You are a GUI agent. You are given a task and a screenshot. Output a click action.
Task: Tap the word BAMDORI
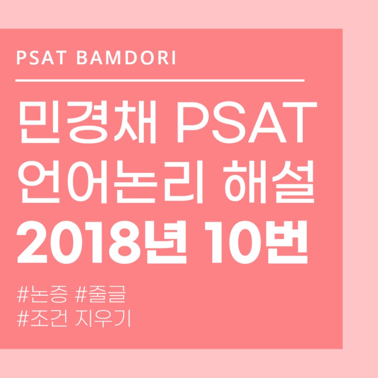point(126,59)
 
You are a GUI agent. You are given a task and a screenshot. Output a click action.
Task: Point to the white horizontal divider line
point(160,81)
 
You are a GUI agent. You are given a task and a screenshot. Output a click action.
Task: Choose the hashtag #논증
point(42,297)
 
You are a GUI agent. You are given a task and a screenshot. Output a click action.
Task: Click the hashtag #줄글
point(102,297)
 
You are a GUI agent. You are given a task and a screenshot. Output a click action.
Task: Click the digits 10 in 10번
point(235,242)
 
